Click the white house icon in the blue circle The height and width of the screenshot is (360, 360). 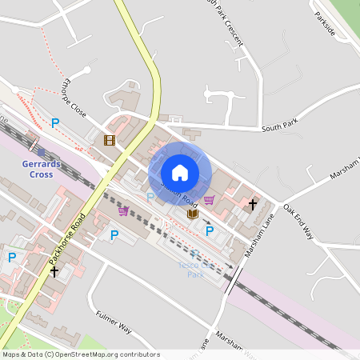click(x=180, y=173)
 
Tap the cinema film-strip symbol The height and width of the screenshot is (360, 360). click(x=109, y=140)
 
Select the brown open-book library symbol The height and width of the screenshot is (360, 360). click(x=192, y=214)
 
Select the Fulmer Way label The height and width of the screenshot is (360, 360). click(x=113, y=322)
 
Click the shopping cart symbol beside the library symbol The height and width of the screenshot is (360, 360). click(x=209, y=200)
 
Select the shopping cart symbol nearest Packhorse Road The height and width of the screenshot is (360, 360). click(x=123, y=211)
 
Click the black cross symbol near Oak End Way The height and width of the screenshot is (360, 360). click(x=253, y=205)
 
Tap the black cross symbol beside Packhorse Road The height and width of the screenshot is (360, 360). click(x=54, y=272)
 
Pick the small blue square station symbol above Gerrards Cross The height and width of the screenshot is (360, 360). click(x=41, y=152)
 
